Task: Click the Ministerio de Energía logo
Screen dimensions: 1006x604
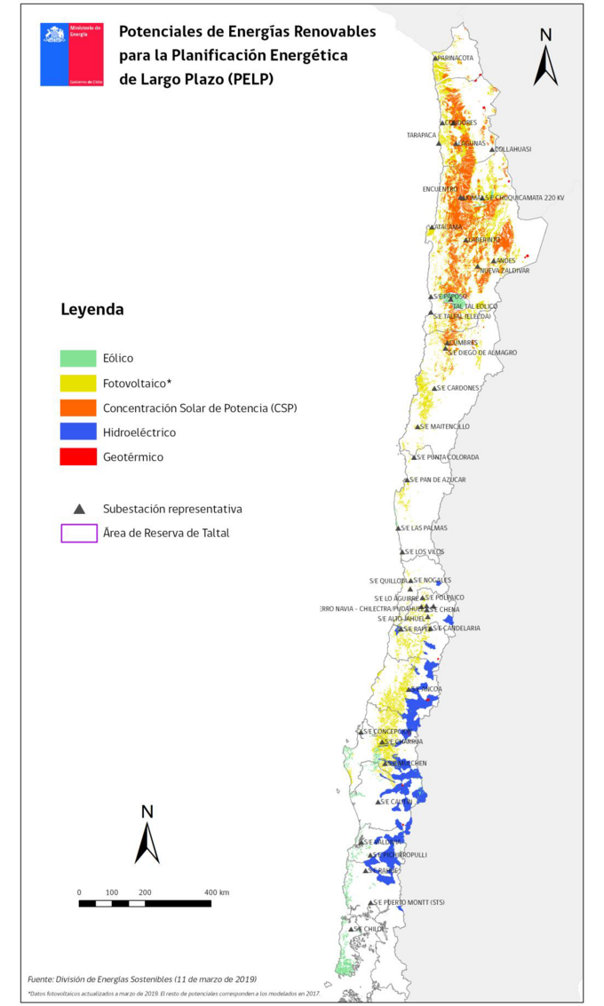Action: pyautogui.click(x=71, y=54)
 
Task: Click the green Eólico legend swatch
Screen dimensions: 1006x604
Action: pyautogui.click(x=78, y=359)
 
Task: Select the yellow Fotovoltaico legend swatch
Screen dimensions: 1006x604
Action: pyautogui.click(x=78, y=384)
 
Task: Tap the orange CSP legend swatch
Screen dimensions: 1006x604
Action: pyautogui.click(x=78, y=408)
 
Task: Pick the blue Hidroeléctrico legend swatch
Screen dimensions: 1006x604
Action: pyautogui.click(x=78, y=432)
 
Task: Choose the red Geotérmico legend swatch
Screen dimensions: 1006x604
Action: pyautogui.click(x=78, y=456)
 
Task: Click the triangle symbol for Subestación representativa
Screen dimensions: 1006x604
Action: pyautogui.click(x=79, y=509)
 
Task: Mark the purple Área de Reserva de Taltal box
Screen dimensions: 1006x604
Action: pyautogui.click(x=78, y=533)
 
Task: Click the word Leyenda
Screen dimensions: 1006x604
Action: pyautogui.click(x=91, y=310)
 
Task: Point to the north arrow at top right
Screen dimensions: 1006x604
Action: pyautogui.click(x=545, y=59)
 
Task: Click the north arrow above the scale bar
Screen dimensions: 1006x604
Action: pyautogui.click(x=147, y=836)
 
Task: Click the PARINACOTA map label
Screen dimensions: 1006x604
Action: pyautogui.click(x=456, y=59)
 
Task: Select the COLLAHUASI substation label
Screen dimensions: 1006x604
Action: pyautogui.click(x=513, y=149)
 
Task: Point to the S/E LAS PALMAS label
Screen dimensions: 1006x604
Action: pyautogui.click(x=425, y=528)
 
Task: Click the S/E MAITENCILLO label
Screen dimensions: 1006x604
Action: pyautogui.click(x=446, y=426)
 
